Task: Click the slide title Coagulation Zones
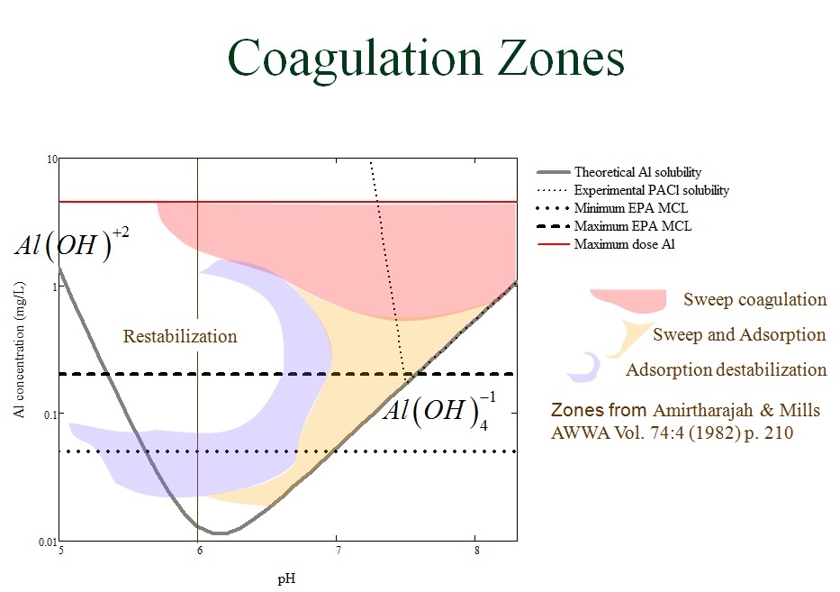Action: [x=426, y=59]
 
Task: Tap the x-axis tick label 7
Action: [x=338, y=551]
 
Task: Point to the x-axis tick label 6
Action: [x=199, y=551]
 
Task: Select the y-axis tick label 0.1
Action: [x=50, y=414]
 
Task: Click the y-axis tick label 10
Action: [x=52, y=159]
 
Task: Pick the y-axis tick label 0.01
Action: [x=47, y=542]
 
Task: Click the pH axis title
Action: [x=286, y=579]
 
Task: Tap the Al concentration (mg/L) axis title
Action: [x=20, y=350]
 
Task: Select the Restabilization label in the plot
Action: [x=180, y=336]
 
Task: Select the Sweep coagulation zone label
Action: [x=754, y=299]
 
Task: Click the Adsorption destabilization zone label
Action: [x=727, y=369]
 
